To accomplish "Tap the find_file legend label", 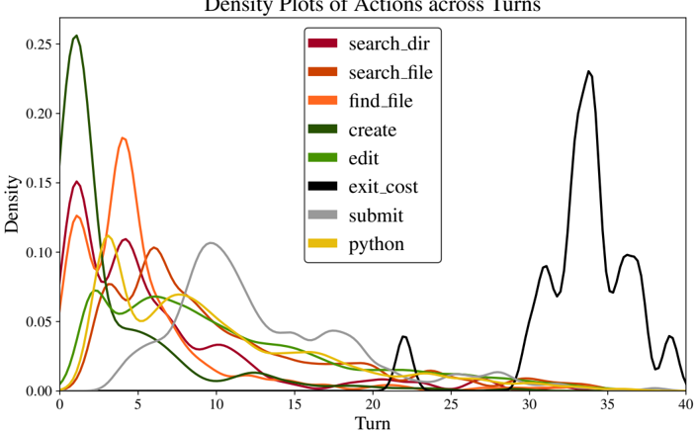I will click(x=381, y=100).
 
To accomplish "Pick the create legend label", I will click(x=373, y=129).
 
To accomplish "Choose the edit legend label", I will click(x=364, y=157).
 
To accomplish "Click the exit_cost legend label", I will click(x=384, y=186).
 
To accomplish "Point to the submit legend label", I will click(x=376, y=215).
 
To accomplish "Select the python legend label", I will click(x=376, y=243).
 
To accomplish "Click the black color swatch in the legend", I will click(x=323, y=186).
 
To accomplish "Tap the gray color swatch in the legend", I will click(x=323, y=215).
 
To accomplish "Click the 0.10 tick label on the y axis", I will click(x=40, y=252).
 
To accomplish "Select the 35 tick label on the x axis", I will click(x=607, y=405).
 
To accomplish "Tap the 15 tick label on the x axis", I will click(x=295, y=405).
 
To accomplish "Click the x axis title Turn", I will click(x=373, y=423).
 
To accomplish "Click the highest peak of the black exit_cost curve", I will click(x=589, y=71).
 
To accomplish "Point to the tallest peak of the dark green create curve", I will click(x=76, y=36).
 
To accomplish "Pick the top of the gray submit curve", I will click(x=210, y=242).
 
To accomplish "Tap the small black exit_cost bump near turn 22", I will click(x=403, y=336).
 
